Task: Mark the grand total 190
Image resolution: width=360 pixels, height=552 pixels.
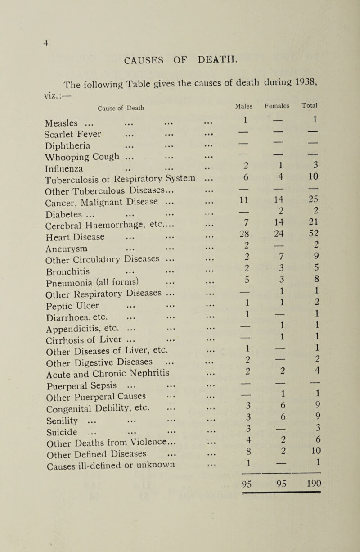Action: point(323,487)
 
